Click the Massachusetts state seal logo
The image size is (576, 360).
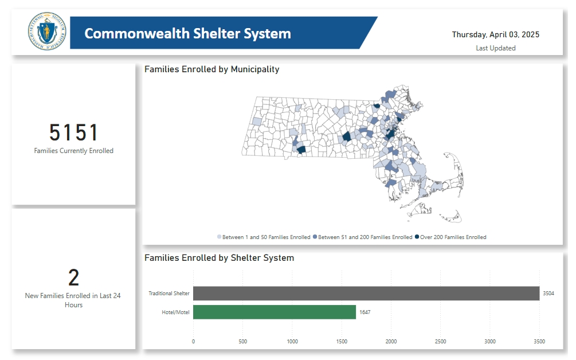tap(47, 33)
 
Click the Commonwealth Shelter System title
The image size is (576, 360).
tap(187, 33)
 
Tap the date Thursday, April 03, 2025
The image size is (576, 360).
tap(495, 34)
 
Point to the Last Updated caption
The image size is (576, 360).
tap(495, 48)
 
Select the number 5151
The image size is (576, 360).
tap(74, 133)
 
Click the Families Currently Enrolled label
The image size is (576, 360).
tap(74, 151)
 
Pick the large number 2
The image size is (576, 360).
tap(74, 278)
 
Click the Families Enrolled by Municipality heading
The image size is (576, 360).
tap(211, 69)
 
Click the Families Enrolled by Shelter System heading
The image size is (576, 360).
tap(219, 258)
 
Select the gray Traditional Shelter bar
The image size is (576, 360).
tap(366, 294)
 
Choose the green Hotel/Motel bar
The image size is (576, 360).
tap(274, 312)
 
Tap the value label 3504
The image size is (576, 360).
tap(549, 294)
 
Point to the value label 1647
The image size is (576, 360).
tap(365, 312)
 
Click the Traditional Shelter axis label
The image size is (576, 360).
tap(169, 294)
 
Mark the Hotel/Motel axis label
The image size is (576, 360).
tap(176, 312)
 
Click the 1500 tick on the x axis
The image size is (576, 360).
tap(342, 342)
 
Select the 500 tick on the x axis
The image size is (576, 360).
tap(242, 342)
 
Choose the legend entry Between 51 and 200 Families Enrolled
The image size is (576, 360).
tap(365, 237)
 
